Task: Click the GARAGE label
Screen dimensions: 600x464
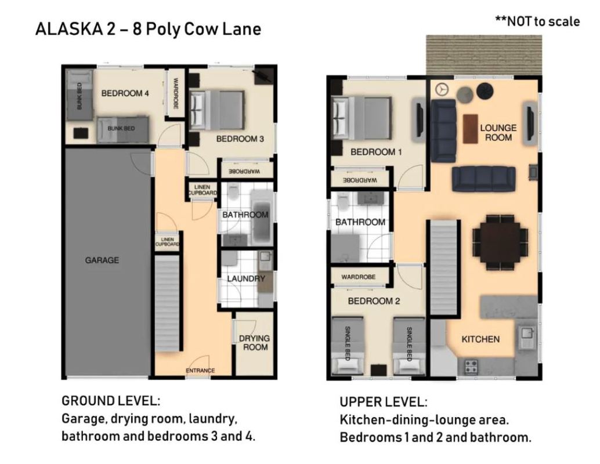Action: point(102,260)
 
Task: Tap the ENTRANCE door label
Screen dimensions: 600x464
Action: point(200,370)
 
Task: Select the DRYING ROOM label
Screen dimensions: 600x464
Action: point(255,343)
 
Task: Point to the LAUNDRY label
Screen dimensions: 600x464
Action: point(246,278)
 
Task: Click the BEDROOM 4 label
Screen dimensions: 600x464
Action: point(125,93)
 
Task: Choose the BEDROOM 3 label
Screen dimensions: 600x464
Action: point(240,139)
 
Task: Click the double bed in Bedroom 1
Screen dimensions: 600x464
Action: point(362,118)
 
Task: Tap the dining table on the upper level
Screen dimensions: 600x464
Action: point(500,242)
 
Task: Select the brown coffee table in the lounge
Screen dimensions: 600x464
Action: point(470,129)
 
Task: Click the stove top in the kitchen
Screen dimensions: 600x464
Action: point(471,367)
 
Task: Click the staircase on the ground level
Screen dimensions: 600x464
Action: point(167,303)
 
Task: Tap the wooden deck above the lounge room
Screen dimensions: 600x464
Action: point(484,55)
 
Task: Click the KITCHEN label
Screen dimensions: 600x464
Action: point(480,339)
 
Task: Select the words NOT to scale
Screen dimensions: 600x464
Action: point(543,21)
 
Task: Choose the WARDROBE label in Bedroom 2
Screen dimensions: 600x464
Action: point(359,277)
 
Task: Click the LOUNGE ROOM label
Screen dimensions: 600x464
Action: point(498,132)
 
